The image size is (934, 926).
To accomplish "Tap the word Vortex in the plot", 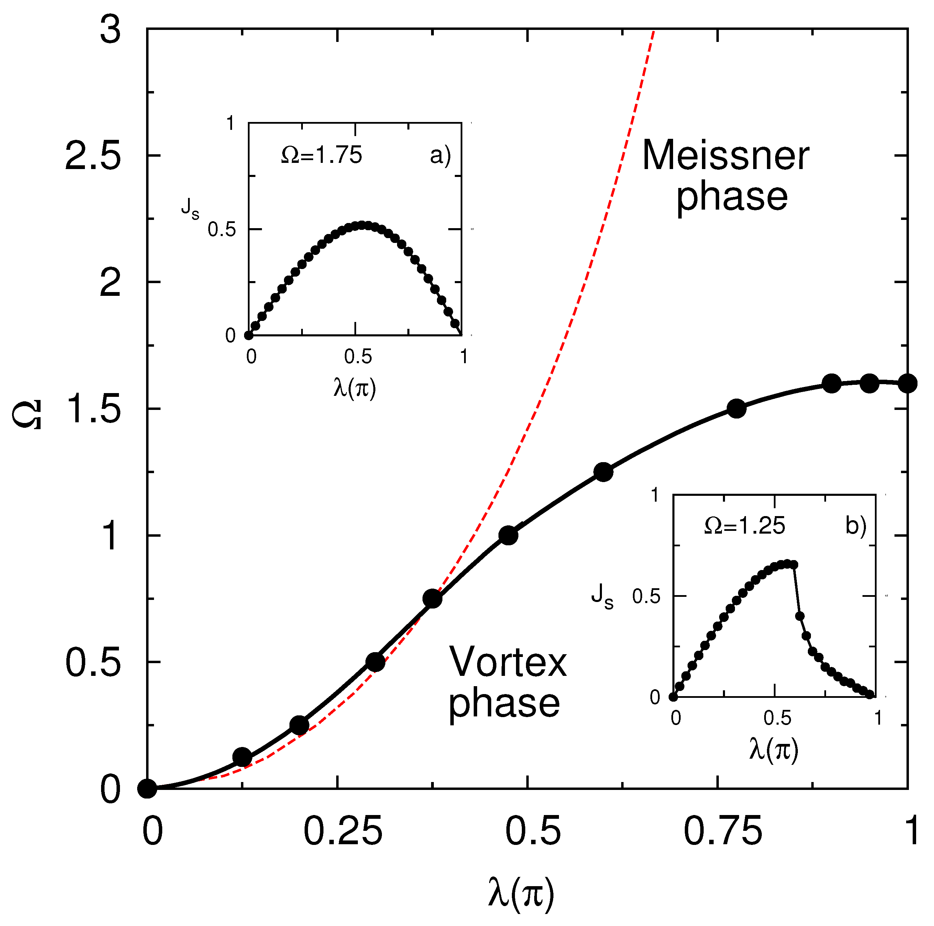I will click(x=508, y=662).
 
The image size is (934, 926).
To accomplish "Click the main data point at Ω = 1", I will click(x=508, y=535).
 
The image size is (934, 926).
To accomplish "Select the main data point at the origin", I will click(x=147, y=789).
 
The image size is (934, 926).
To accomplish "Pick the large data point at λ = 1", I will click(x=908, y=384).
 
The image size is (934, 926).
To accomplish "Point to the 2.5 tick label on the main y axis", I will click(x=93, y=156).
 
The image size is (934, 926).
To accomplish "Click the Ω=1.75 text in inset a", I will click(x=321, y=156).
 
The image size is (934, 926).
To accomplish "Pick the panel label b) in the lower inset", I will click(x=856, y=526).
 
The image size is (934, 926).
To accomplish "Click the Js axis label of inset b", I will click(x=602, y=595).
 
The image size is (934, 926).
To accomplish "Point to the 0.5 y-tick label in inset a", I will click(x=222, y=230).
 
